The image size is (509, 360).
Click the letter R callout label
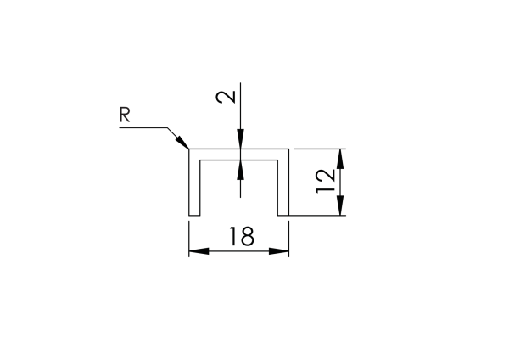tap(125, 115)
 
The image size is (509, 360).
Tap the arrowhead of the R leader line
tap(182, 142)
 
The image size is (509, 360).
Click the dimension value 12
tap(323, 181)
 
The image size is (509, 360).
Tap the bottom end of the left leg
tap(193, 215)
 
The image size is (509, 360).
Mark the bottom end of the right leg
tap(283, 215)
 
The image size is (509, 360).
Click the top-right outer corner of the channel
tap(289, 148)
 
